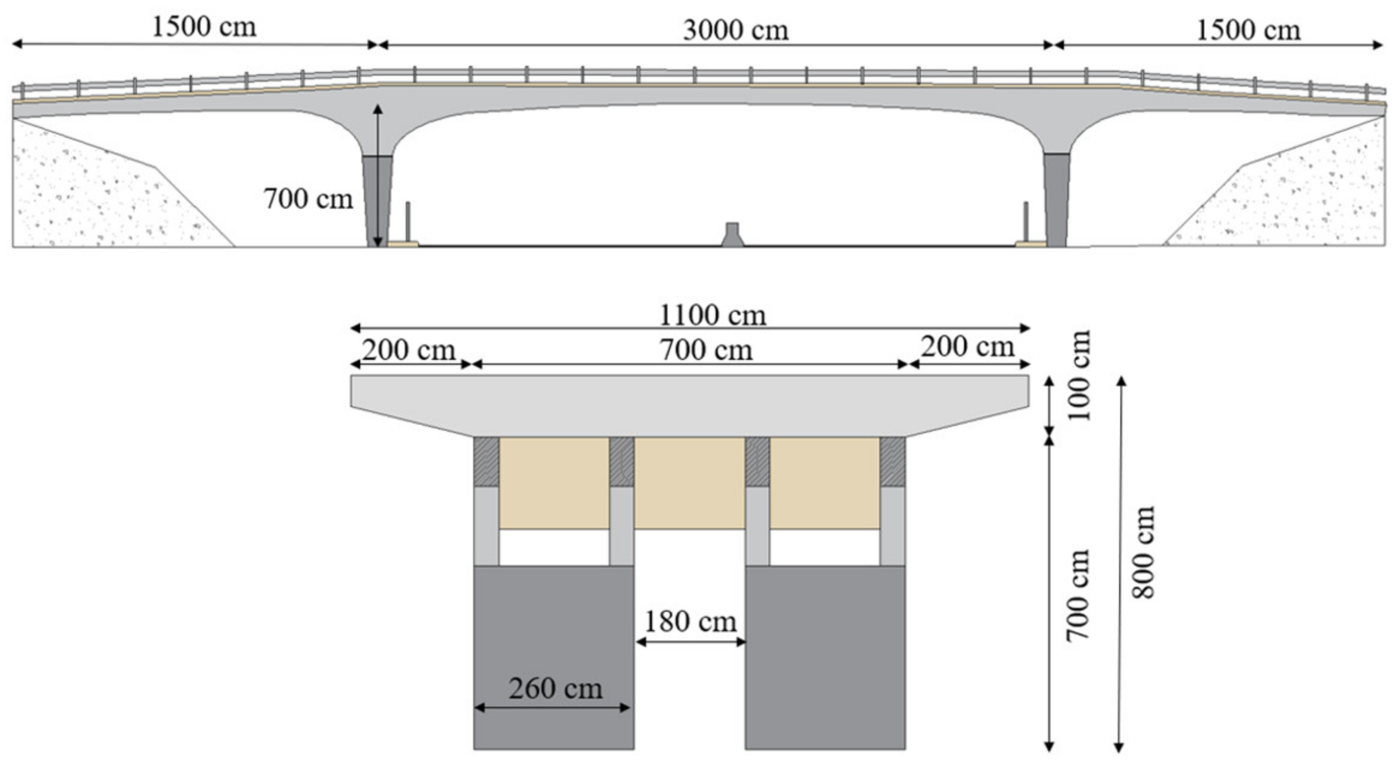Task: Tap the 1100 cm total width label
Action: (713, 316)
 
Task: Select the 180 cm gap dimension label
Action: (690, 621)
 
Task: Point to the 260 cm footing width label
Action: (555, 688)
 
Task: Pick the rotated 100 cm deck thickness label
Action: (1078, 376)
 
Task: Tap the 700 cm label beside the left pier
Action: (308, 199)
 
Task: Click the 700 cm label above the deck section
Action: (706, 350)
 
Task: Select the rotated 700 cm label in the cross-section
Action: (1078, 595)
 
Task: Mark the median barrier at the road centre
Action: (732, 235)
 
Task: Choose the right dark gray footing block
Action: (825, 657)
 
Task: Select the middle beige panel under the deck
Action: (689, 483)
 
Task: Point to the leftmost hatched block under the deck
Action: (486, 461)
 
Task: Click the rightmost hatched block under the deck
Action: (893, 461)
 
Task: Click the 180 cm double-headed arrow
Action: (690, 642)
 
